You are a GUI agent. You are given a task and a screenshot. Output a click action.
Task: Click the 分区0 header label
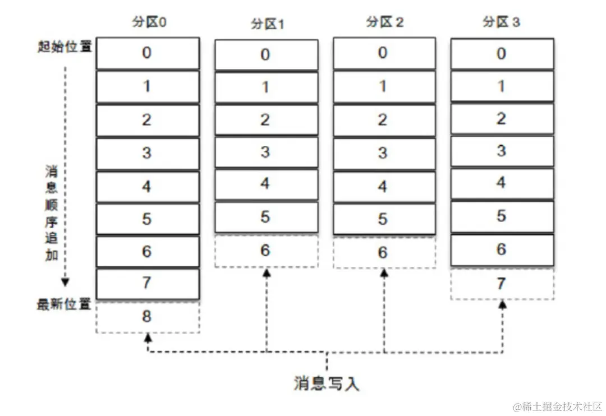148,22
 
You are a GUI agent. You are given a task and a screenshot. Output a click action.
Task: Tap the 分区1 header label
266,25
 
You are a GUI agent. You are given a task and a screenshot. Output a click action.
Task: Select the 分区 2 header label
384,22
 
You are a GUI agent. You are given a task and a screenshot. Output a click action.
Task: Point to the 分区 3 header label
501,22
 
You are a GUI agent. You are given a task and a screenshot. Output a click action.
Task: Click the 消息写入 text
326,383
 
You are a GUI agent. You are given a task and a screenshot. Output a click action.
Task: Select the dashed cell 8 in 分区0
147,317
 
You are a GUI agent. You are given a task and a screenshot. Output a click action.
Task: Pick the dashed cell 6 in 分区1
266,251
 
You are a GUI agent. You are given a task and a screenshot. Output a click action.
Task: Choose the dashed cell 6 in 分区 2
384,252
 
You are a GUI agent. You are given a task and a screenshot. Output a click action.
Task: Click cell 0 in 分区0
147,53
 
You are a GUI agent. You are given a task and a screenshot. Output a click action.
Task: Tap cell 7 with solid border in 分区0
147,283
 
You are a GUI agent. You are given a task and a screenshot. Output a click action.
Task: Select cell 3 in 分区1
266,152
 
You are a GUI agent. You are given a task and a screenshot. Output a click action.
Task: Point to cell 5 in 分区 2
384,219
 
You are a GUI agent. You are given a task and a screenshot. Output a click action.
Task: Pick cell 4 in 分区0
147,186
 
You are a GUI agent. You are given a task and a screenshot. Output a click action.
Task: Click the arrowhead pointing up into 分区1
267,272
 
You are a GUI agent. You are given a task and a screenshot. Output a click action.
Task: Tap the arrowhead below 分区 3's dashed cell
503,304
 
